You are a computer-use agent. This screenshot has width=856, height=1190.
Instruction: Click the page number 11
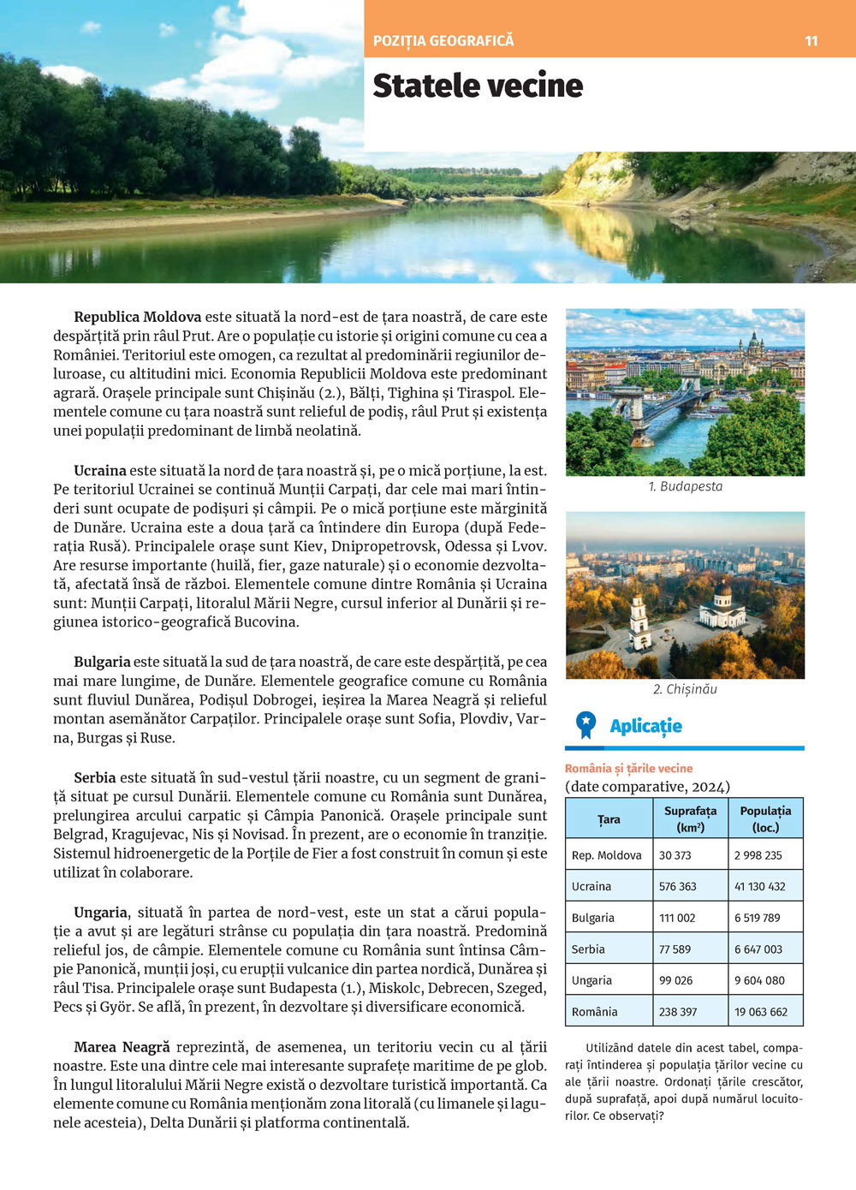click(811, 40)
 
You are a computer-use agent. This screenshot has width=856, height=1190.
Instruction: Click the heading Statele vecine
click(478, 86)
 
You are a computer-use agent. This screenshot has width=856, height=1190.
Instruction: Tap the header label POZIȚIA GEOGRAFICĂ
click(443, 40)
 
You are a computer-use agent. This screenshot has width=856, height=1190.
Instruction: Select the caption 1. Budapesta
click(685, 486)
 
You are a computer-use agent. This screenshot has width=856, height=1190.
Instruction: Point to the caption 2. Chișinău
click(685, 689)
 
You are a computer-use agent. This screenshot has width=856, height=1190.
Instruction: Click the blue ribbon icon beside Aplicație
click(586, 725)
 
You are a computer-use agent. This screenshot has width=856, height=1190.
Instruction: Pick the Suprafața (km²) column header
click(690, 818)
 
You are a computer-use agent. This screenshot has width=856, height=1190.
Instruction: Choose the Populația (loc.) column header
click(765, 818)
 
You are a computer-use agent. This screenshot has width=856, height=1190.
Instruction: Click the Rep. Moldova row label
click(606, 855)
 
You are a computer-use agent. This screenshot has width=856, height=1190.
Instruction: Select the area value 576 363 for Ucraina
click(677, 886)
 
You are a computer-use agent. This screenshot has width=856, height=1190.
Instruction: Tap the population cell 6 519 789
click(757, 918)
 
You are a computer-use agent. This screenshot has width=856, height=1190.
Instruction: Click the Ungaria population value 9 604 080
click(758, 980)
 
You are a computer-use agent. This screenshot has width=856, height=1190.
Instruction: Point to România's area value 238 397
click(677, 1011)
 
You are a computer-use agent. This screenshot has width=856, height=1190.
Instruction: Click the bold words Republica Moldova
click(137, 317)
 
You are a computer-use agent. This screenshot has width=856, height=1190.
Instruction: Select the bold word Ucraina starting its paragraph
click(100, 470)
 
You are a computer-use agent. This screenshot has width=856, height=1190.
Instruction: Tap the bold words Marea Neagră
click(122, 1047)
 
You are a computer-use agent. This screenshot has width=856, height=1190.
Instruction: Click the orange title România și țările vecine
click(628, 768)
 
